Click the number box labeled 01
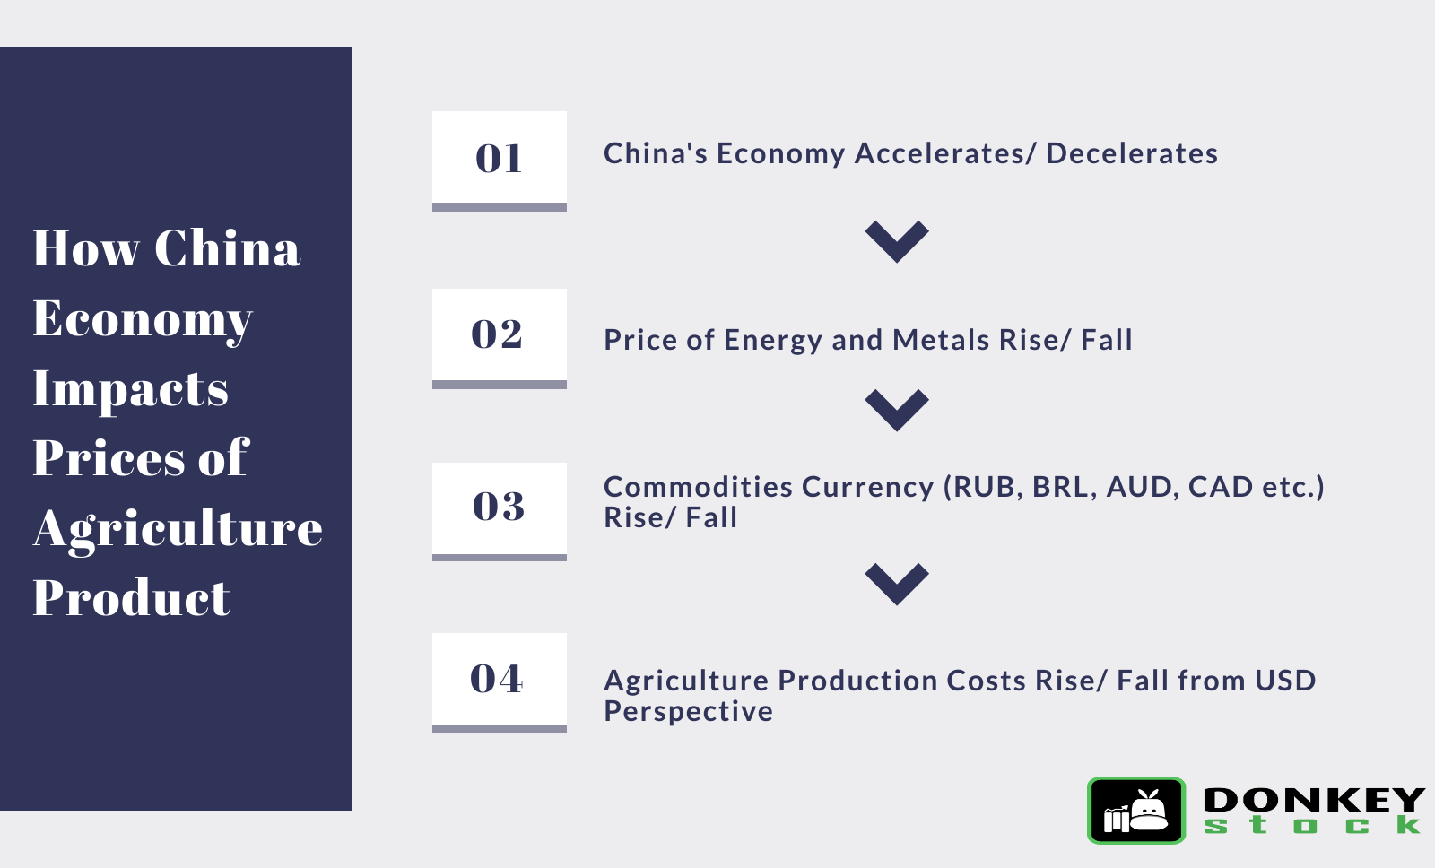pyautogui.click(x=499, y=161)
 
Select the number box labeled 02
pyautogui.click(x=499, y=338)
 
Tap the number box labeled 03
pyautogui.click(x=499, y=511)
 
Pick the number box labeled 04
pyautogui.click(x=499, y=683)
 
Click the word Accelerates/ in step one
pyautogui.click(x=945, y=153)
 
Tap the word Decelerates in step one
pyautogui.click(x=1132, y=153)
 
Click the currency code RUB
pyautogui.click(x=987, y=488)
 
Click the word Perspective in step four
pyautogui.click(x=688, y=712)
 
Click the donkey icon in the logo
pyautogui.click(x=1136, y=811)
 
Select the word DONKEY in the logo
pyautogui.click(x=1314, y=800)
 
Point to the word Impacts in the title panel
pyautogui.click(x=131, y=390)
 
